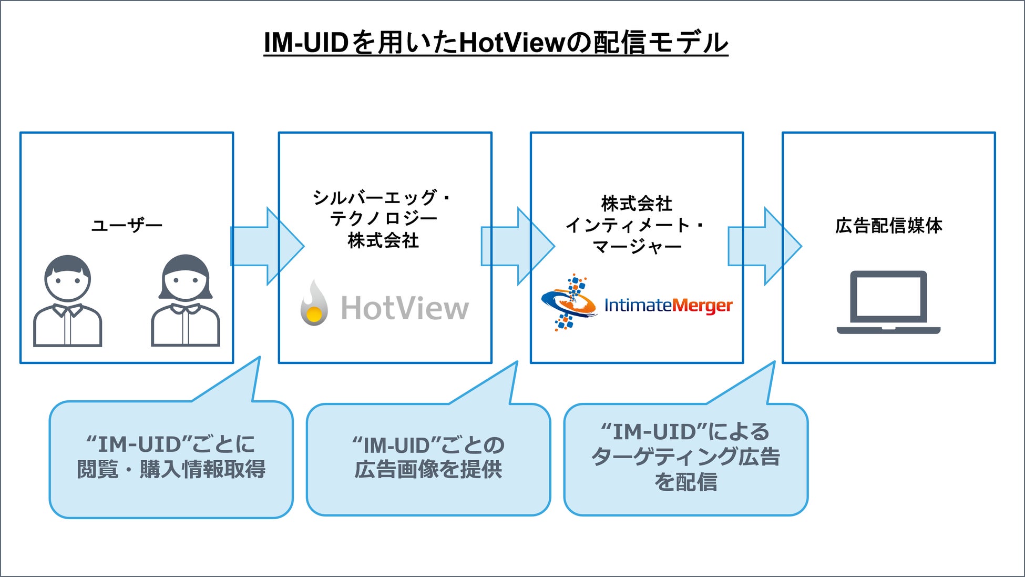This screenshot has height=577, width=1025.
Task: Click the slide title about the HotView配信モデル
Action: pyautogui.click(x=496, y=43)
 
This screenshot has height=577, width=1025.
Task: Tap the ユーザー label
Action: pyautogui.click(x=127, y=226)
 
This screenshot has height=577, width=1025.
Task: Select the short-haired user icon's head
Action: pyautogui.click(x=67, y=278)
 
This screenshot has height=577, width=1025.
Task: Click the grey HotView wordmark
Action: pyautogui.click(x=405, y=308)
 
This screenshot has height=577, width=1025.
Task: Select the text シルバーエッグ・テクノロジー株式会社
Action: pyautogui.click(x=383, y=219)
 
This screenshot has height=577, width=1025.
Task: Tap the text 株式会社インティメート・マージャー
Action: pyautogui.click(x=636, y=225)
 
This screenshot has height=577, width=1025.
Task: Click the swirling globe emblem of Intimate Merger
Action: pyautogui.click(x=569, y=302)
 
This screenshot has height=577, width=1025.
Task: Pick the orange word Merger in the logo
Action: pyautogui.click(x=702, y=306)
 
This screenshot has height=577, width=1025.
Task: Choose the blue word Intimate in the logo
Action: pyautogui.click(x=638, y=305)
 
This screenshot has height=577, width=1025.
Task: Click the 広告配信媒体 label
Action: pyautogui.click(x=888, y=226)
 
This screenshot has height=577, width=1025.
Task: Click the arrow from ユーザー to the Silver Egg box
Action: pyautogui.click(x=267, y=246)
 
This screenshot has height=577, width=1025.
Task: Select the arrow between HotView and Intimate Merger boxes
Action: pyautogui.click(x=518, y=246)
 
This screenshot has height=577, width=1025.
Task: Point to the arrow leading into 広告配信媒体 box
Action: pyautogui.click(x=764, y=246)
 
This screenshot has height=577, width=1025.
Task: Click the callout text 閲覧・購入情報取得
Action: pyautogui.click(x=171, y=469)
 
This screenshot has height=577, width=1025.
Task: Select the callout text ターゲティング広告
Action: pyautogui.click(x=685, y=457)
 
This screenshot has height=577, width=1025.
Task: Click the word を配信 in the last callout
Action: pyautogui.click(x=685, y=482)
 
